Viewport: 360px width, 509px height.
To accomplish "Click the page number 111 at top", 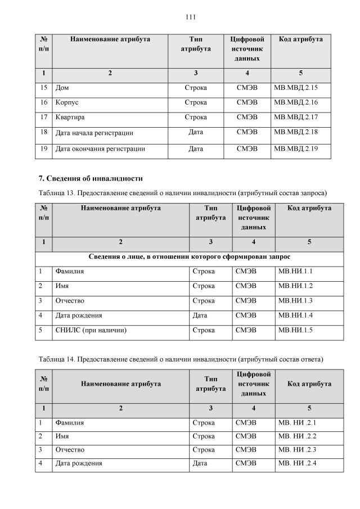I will click(x=190, y=17).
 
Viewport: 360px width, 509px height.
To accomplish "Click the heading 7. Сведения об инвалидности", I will click(x=91, y=178).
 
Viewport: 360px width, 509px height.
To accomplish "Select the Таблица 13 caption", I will click(x=183, y=193).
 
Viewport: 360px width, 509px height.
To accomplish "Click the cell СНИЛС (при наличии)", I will click(x=90, y=330).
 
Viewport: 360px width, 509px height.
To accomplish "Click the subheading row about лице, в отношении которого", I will click(x=190, y=257).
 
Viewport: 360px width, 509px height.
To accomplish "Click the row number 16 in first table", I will click(x=44, y=103).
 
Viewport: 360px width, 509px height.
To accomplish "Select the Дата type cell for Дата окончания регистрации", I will click(x=195, y=149).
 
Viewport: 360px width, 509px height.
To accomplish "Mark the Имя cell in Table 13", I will click(x=62, y=286).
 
